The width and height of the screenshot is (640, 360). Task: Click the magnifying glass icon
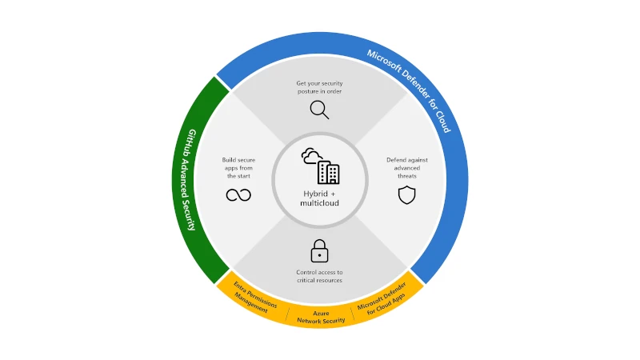[x=319, y=110]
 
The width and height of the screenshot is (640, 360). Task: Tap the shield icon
[x=407, y=195]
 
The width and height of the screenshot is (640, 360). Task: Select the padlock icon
[x=320, y=250]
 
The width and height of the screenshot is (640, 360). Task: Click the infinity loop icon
[x=238, y=195]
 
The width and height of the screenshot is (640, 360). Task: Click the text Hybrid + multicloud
[x=320, y=198]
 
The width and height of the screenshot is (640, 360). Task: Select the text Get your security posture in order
[x=320, y=86]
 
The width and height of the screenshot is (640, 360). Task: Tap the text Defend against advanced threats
[x=407, y=168]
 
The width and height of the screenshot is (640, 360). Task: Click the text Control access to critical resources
[x=320, y=276]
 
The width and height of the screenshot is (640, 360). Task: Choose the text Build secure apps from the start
[x=238, y=168]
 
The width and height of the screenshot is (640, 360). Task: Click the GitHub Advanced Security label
[x=191, y=179]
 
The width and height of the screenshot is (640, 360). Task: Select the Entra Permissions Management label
[x=252, y=297]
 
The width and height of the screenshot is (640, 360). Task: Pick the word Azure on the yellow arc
[x=320, y=312]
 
